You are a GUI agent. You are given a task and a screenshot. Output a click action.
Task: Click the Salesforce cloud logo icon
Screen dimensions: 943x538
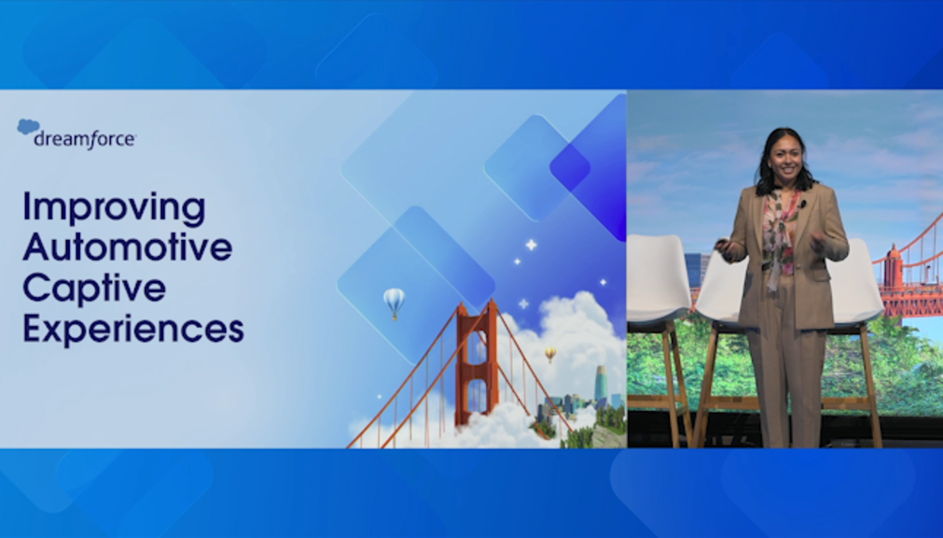click(x=28, y=126)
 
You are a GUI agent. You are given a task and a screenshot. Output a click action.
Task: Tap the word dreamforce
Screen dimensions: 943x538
click(x=85, y=140)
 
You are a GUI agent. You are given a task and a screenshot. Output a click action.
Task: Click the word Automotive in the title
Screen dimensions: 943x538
click(x=128, y=247)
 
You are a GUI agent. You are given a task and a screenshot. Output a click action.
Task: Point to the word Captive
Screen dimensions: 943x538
click(x=94, y=290)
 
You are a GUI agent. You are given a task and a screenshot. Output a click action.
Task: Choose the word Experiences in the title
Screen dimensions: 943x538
click(x=132, y=330)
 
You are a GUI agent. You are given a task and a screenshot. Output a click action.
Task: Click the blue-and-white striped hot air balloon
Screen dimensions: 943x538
click(x=394, y=303)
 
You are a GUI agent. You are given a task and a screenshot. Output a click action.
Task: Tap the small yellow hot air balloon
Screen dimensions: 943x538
click(x=550, y=354)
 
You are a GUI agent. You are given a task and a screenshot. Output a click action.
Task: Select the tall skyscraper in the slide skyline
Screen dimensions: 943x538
click(x=601, y=385)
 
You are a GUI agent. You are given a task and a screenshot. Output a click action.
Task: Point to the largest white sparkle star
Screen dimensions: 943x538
click(x=531, y=245)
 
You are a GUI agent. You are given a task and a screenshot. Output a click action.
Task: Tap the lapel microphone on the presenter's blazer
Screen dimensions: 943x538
click(x=802, y=205)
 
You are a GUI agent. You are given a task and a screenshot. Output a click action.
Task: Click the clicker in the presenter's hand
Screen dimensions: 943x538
click(x=721, y=244)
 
